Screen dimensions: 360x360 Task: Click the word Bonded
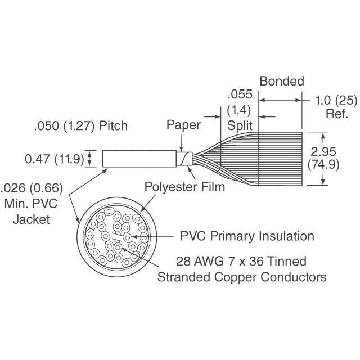point(281,81)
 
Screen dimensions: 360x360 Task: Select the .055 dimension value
point(238,94)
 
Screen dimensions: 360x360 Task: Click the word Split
point(240,124)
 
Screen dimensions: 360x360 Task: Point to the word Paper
point(183,125)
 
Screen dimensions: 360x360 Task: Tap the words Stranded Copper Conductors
point(242,277)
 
